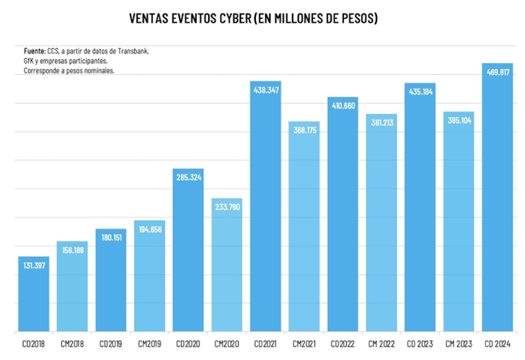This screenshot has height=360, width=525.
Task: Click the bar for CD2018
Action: pos(33,294)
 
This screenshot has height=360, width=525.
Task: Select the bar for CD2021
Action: pos(265,207)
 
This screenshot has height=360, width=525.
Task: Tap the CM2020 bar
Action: pos(226,268)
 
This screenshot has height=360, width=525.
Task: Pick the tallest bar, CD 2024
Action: pos(497,201)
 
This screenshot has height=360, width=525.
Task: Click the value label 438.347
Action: pos(265,88)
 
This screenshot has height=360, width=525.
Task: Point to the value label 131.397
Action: pos(33,264)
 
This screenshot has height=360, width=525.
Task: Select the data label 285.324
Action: pos(187,177)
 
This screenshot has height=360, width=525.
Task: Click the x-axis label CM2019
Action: pos(149,344)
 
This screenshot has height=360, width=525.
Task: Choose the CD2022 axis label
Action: pos(342,344)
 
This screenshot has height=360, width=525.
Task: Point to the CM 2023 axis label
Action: pos(458,344)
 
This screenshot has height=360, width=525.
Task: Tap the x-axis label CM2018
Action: pos(72,344)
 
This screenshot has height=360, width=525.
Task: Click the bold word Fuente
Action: pos(33,50)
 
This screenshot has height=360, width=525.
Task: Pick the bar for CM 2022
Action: pos(381,228)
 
